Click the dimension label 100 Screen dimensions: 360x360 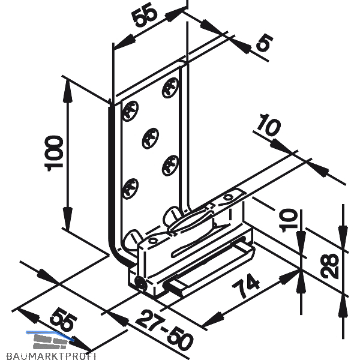coord(54,154)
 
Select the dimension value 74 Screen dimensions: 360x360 coord(246,286)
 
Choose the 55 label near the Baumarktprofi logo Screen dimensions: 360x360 coord(63,319)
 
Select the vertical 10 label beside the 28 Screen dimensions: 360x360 coord(287,218)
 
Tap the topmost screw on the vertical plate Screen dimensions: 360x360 coord(170,88)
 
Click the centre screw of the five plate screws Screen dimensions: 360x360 coord(151,138)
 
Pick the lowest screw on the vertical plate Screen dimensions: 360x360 coord(130,188)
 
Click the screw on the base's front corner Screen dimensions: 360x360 coord(141,284)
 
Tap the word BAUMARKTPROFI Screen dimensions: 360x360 coord(51,356)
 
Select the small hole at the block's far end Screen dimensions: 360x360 coord(228,197)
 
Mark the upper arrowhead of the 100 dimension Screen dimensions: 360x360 coord(67,89)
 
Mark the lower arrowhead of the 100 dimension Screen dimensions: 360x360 coord(67,218)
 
